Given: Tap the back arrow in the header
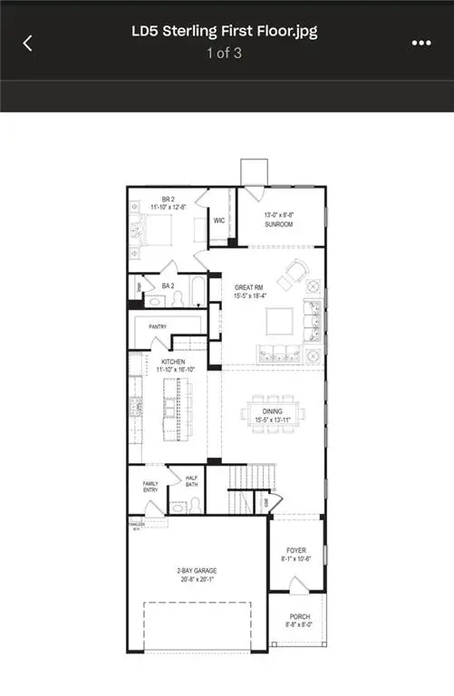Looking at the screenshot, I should tap(27, 43).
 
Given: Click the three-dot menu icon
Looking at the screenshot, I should tap(420, 43).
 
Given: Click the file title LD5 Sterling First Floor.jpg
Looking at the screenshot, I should tap(224, 33).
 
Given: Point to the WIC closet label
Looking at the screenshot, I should tap(219, 219).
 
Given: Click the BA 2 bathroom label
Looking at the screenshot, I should tap(168, 285).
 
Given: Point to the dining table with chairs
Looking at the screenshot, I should tap(270, 414).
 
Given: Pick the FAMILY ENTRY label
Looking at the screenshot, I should tap(150, 486).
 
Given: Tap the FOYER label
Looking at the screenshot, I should tap(296, 549).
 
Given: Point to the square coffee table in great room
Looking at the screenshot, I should tap(278, 321).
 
